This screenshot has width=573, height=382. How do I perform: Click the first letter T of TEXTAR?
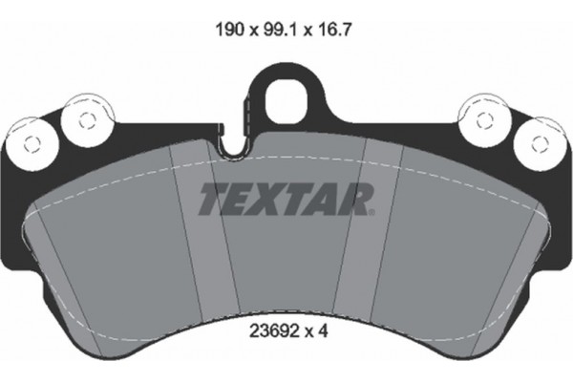(212, 199)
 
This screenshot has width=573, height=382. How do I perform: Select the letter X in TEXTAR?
(270, 199)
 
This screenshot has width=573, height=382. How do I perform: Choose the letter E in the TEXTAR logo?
(240, 199)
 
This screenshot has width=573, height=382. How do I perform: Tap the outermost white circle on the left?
(29, 144)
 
